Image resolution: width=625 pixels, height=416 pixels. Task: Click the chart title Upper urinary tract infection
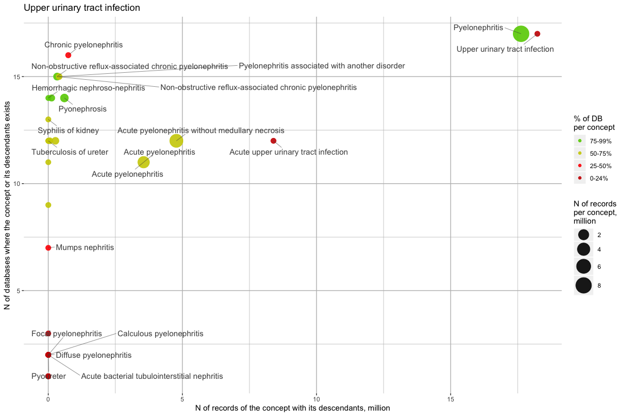[x=82, y=8]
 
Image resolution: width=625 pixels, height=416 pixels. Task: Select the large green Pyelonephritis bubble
[x=521, y=33]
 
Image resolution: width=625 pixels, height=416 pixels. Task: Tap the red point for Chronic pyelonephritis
[x=68, y=55]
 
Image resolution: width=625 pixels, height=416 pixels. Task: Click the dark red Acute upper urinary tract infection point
[x=273, y=141]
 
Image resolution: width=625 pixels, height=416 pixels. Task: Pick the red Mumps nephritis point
[x=48, y=248]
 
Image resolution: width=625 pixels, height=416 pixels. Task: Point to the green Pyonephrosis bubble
[x=64, y=98]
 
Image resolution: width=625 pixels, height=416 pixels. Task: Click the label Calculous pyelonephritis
[x=160, y=334]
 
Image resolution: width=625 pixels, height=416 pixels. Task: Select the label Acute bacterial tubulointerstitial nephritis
[x=151, y=376]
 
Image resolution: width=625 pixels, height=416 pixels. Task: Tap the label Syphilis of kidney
[x=68, y=130]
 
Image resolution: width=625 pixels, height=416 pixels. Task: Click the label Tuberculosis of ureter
[x=70, y=152]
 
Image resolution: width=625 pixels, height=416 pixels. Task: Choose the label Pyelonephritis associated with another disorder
[x=322, y=66]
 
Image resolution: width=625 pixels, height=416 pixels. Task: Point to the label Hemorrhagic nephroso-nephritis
[x=88, y=87]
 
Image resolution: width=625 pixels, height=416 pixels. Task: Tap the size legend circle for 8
[x=584, y=286]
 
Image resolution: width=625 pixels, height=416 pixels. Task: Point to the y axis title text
[x=8, y=207]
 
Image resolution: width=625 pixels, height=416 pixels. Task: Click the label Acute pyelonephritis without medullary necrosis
[x=201, y=130]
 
